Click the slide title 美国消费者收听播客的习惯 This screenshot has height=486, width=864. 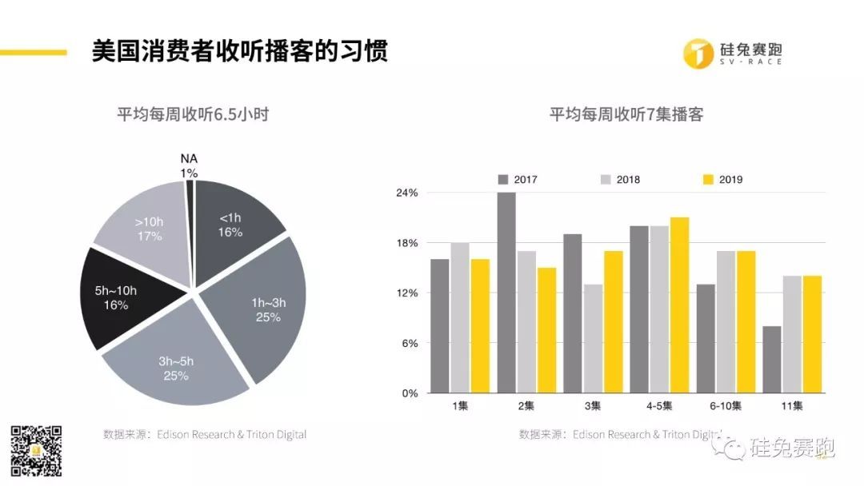click(x=240, y=52)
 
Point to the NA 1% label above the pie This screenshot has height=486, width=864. click(x=189, y=165)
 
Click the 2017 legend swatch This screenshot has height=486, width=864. click(x=503, y=179)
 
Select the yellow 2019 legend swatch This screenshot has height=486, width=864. click(x=707, y=179)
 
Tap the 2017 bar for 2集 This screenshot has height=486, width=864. click(x=506, y=293)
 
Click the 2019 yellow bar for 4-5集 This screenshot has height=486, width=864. click(x=679, y=305)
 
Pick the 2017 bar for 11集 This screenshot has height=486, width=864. click(x=772, y=360)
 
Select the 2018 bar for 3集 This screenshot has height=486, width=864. click(x=593, y=339)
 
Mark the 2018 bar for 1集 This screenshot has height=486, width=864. click(x=460, y=318)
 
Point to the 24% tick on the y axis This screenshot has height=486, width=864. click(x=407, y=193)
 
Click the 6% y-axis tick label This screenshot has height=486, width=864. click(x=410, y=344)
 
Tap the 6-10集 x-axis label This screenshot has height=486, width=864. click(x=726, y=407)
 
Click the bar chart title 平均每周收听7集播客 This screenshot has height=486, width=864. click(x=626, y=114)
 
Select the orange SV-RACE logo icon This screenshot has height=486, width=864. click(x=699, y=52)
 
